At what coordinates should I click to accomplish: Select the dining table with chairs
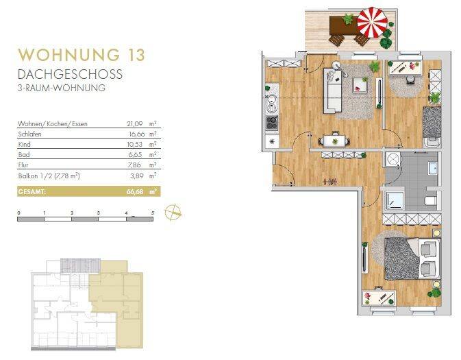pyautogui.click(x=335, y=140)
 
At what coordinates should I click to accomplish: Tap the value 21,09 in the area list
pyautogui.click(x=136, y=124)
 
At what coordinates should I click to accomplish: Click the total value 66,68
pyautogui.click(x=136, y=191)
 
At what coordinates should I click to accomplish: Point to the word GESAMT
pyautogui.click(x=32, y=191)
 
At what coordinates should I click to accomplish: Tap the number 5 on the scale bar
pyautogui.click(x=153, y=214)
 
